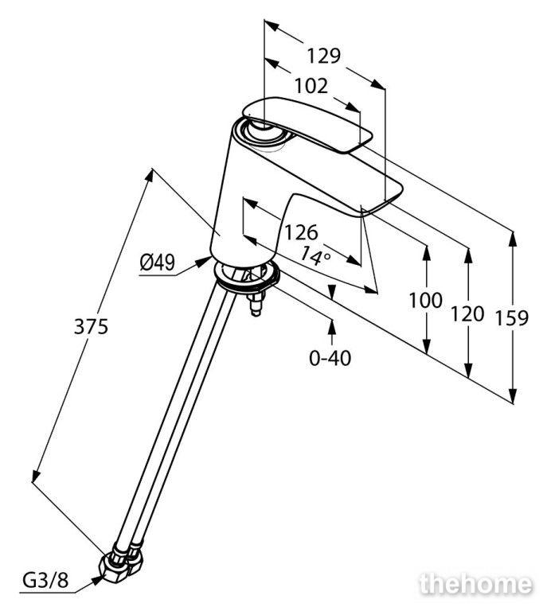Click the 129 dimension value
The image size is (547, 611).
click(x=323, y=56)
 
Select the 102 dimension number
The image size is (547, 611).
click(x=311, y=86)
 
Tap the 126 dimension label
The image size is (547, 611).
click(x=301, y=232)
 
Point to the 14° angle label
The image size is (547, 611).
click(x=315, y=256)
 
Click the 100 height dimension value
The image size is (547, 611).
click(x=425, y=301)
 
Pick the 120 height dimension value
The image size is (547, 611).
click(x=467, y=313)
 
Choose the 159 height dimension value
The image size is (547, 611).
click(x=511, y=318)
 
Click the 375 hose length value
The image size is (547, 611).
click(x=91, y=326)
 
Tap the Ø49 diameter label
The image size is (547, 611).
click(x=157, y=263)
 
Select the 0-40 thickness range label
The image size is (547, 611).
click(x=330, y=358)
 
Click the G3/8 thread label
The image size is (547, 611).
click(x=45, y=581)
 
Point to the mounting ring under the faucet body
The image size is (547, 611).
click(x=246, y=278)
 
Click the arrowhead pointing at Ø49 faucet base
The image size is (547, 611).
click(x=204, y=261)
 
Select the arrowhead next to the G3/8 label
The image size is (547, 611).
click(x=97, y=580)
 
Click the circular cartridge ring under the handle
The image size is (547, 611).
click(x=264, y=134)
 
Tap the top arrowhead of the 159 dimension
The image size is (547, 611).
click(x=513, y=239)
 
